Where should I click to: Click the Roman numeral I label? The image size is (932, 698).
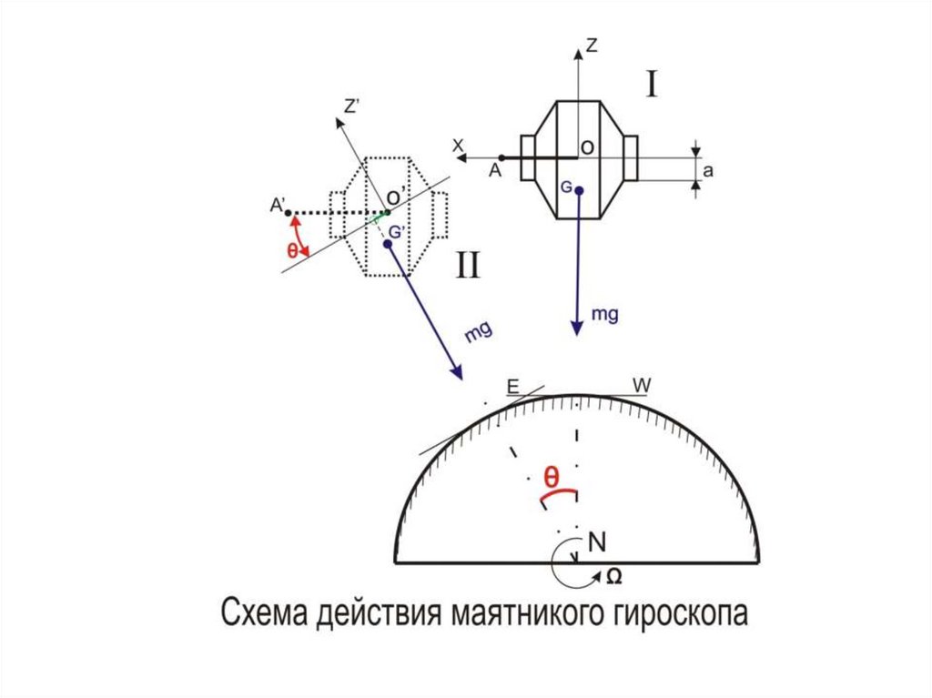pyautogui.click(x=653, y=85)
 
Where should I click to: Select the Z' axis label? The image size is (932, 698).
pyautogui.click(x=352, y=107)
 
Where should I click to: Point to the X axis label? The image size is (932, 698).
pyautogui.click(x=459, y=145)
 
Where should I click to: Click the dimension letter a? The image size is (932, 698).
pyautogui.click(x=707, y=168)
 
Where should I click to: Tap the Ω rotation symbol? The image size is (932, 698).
pyautogui.click(x=613, y=576)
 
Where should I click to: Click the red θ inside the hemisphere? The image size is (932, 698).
pyautogui.click(x=552, y=477)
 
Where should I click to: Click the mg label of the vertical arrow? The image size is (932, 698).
pyautogui.click(x=605, y=315)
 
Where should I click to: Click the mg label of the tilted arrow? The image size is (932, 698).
pyautogui.click(x=479, y=331)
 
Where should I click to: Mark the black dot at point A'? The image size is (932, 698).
pyautogui.click(x=289, y=214)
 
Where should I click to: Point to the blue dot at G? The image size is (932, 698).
pyautogui.click(x=579, y=190)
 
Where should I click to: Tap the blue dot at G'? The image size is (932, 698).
pyautogui.click(x=388, y=245)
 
